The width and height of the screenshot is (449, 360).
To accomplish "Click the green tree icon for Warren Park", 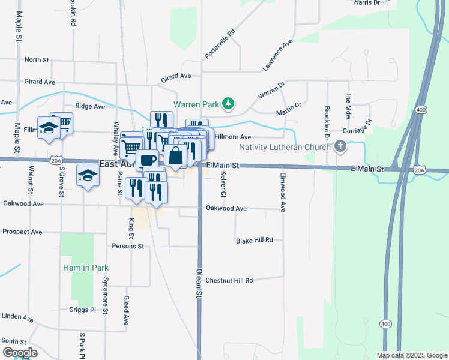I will (x=228, y=104).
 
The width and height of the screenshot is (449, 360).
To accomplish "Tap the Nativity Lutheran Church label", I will (x=289, y=147).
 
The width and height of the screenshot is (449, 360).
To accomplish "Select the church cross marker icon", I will (x=340, y=146).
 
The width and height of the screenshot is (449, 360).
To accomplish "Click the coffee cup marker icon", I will (x=147, y=160).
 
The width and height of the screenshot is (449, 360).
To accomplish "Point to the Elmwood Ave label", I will (x=282, y=192).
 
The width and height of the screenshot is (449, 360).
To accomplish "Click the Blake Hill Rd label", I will (x=255, y=240).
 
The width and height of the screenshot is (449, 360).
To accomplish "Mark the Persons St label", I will (x=128, y=246).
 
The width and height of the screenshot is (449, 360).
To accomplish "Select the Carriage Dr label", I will (x=358, y=130).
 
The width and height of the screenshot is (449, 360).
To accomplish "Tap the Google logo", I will (x=20, y=352).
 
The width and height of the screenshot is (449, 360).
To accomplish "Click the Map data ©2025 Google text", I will (x=411, y=355).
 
